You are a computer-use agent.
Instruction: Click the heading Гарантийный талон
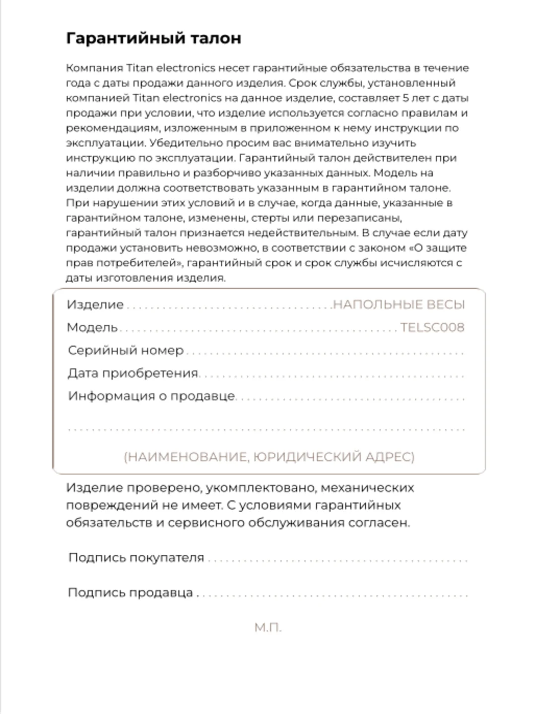coord(153,39)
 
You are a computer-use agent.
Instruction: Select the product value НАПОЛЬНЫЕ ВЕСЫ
coord(399,304)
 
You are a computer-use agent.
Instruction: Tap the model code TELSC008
coord(432,327)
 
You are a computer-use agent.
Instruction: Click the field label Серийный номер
coord(126,350)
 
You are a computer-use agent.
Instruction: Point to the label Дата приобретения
coord(133,373)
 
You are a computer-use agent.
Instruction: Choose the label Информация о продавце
coord(151,396)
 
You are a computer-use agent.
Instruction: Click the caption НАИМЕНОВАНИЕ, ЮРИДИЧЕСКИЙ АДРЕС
coord(269,457)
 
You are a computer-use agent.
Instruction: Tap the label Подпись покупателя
coord(136,557)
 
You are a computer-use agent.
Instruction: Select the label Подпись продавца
coord(130,593)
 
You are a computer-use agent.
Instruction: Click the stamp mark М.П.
coord(268,628)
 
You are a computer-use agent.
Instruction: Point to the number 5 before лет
coord(406,98)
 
